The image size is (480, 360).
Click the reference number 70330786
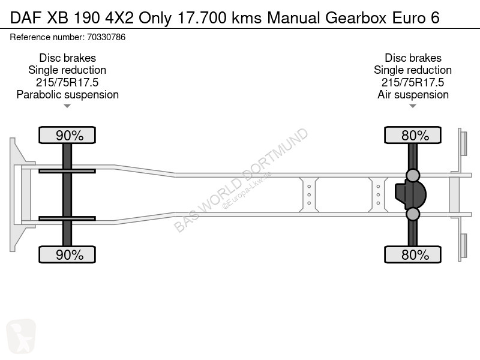(106, 37)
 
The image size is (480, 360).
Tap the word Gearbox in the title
(356, 18)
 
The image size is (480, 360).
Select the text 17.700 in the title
(202, 18)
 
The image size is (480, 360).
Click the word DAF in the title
(26, 18)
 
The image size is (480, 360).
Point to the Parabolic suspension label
(67, 95)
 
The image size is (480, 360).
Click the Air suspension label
(413, 95)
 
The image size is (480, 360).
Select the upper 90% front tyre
(67, 135)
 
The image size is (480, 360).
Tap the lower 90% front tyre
(67, 254)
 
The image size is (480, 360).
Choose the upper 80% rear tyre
(413, 135)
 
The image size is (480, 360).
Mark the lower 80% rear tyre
(413, 254)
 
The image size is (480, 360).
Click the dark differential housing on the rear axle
(410, 194)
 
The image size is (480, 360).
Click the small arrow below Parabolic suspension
(67, 106)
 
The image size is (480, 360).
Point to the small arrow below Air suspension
(413, 106)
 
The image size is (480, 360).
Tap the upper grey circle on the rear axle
(413, 175)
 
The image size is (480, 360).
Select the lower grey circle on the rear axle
(413, 214)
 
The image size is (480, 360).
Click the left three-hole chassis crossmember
(309, 194)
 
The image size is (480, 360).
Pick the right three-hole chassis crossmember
(378, 194)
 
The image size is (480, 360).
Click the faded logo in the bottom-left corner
(21, 337)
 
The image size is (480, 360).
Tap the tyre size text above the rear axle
(413, 82)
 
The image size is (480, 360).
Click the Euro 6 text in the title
(416, 18)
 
